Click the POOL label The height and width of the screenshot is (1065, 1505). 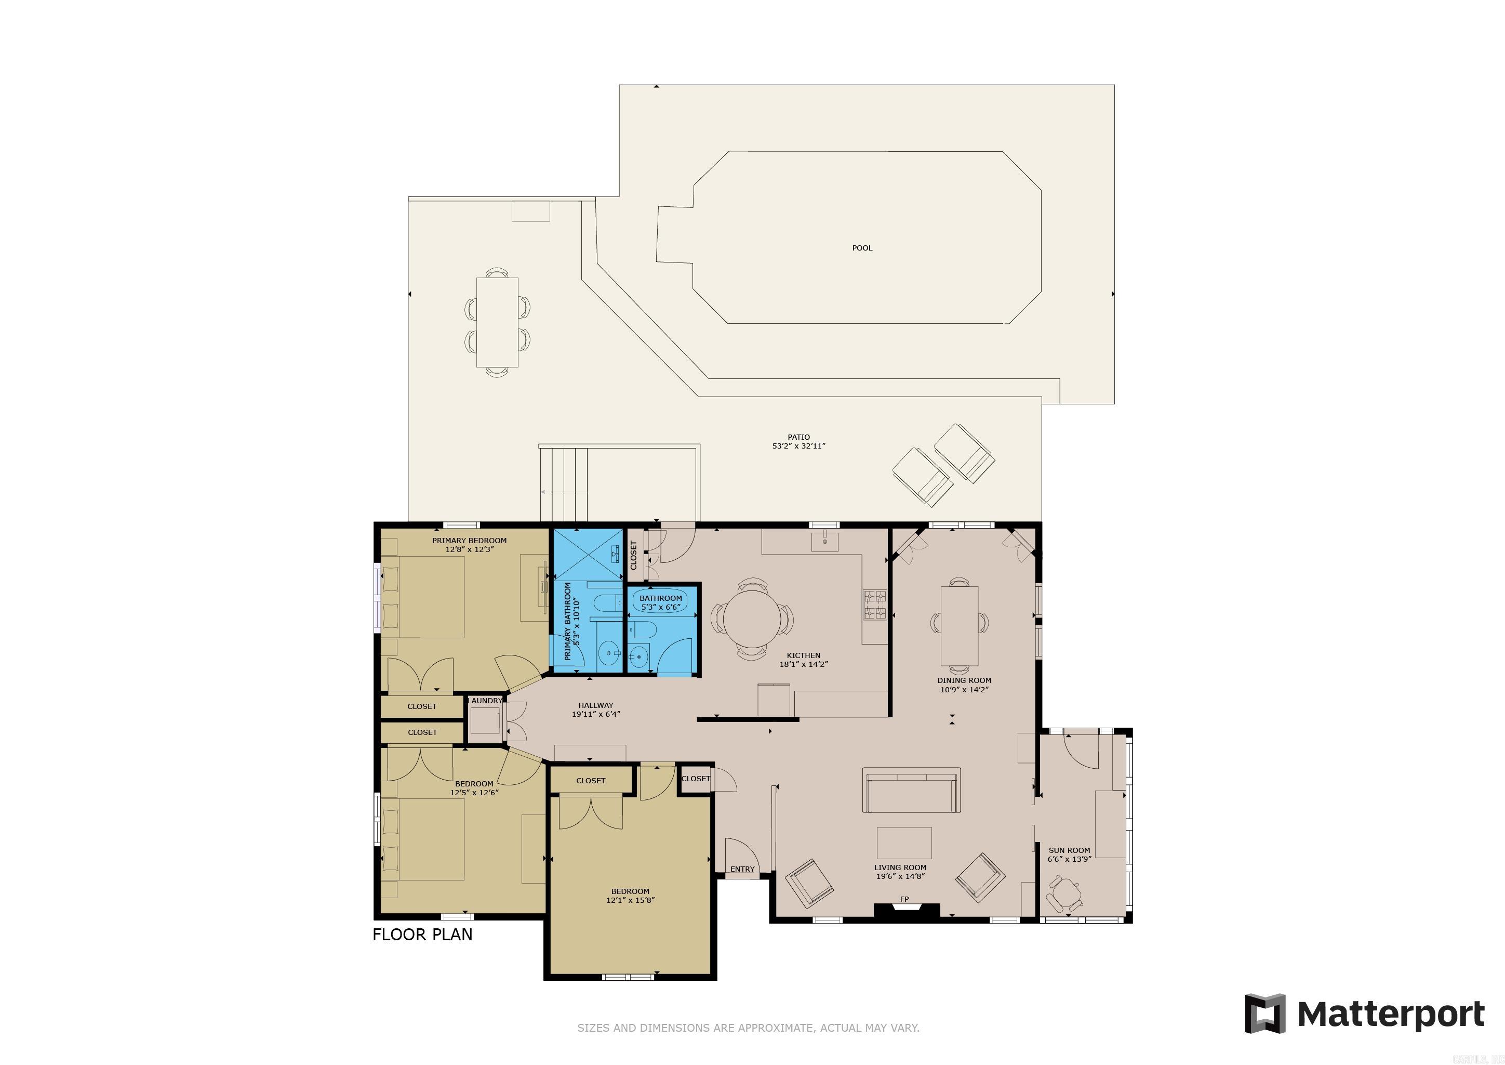[862, 248]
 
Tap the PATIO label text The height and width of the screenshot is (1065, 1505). [798, 437]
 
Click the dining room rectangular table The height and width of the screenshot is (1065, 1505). [960, 626]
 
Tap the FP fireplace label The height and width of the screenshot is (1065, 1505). [904, 899]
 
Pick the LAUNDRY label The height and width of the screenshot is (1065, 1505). [485, 700]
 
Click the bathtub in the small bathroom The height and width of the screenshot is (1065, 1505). [661, 598]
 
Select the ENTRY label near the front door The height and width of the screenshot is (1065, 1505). [742, 869]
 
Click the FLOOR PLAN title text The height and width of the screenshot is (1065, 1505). [422, 935]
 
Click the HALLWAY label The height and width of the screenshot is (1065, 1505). [595, 706]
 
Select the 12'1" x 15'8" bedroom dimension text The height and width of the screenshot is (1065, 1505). [630, 900]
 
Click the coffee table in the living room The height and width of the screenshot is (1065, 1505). [904, 843]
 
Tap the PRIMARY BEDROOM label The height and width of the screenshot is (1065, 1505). [469, 541]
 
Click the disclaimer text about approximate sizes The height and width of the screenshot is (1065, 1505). [748, 1028]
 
